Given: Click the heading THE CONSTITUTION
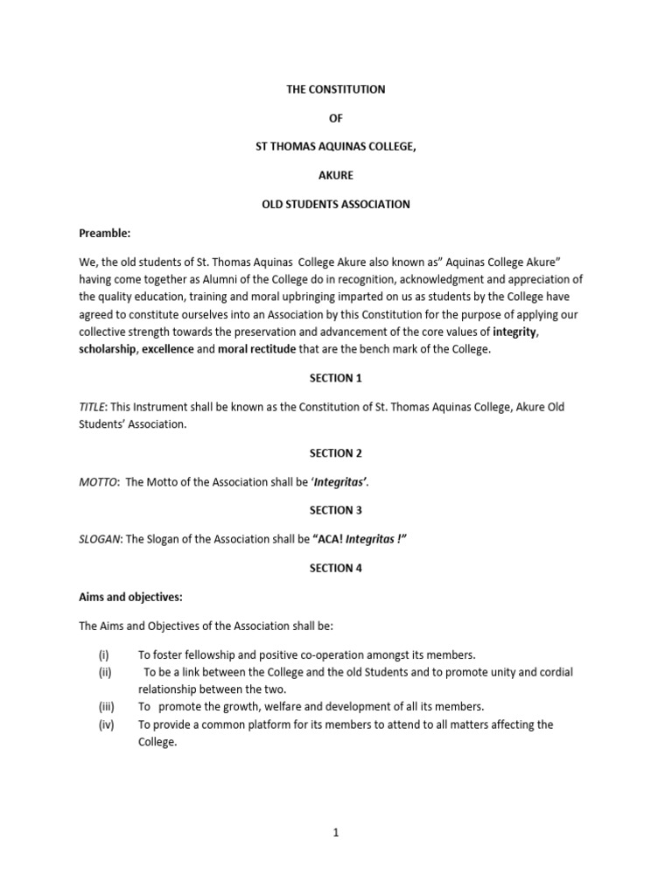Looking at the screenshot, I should (335, 89).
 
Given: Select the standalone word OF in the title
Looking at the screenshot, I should (335, 118).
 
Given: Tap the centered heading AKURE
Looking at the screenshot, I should (335, 176).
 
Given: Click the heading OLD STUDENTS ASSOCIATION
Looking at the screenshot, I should (335, 205).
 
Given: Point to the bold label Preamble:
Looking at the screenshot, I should (105, 234).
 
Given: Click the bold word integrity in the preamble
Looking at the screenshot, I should (514, 332).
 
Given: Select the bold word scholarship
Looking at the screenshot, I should (108, 349).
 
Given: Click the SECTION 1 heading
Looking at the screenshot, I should (335, 378).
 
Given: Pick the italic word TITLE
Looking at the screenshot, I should (94, 407).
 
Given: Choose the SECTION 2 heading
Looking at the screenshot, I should (335, 453).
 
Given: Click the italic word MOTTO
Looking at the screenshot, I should (98, 482).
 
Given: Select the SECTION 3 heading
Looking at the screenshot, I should (335, 510).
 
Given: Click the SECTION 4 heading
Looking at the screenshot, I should (335, 568).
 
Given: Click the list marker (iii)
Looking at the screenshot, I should (107, 706).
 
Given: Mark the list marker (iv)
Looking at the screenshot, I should (107, 724).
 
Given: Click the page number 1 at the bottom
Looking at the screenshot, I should (335, 834).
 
